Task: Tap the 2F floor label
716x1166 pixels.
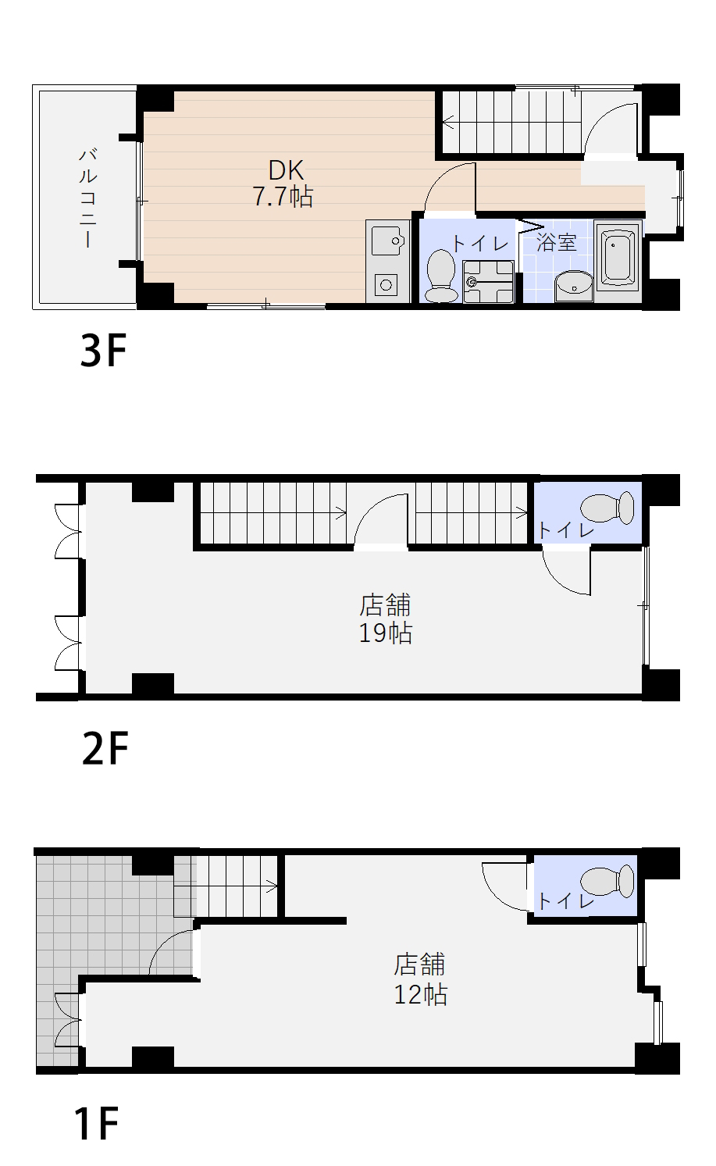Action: [105, 747]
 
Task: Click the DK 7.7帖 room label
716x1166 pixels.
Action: [283, 184]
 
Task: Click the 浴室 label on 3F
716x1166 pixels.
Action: [556, 243]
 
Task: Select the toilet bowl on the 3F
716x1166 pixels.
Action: [441, 276]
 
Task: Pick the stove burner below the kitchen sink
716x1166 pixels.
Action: [386, 285]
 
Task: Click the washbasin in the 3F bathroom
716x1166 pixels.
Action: [574, 286]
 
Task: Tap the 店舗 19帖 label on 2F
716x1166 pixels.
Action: [386, 619]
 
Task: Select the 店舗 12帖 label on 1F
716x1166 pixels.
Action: [420, 979]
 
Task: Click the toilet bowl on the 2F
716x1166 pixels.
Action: [607, 507]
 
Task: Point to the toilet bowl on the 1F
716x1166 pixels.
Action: [607, 882]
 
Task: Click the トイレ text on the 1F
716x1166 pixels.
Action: [565, 901]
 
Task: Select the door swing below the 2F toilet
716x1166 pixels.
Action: [567, 571]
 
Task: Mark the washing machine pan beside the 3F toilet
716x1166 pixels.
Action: [488, 282]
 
